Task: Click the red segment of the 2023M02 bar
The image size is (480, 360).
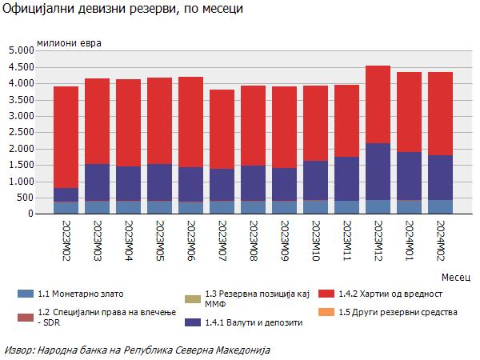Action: [66, 137]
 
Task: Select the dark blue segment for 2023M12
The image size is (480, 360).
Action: [378, 171]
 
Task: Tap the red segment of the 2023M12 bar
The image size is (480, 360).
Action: [378, 104]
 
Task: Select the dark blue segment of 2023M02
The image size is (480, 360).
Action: [66, 194]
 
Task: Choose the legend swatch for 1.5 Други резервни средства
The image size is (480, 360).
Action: [326, 311]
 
